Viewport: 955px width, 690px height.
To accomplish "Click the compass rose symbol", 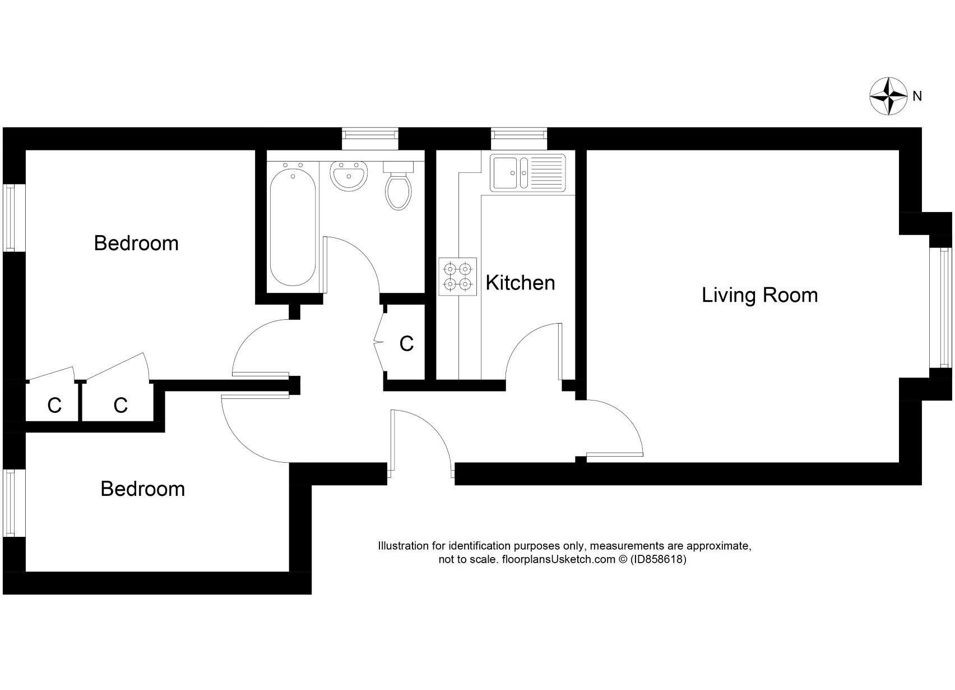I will pos(888,96).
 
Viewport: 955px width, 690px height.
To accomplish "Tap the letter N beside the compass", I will pos(917,96).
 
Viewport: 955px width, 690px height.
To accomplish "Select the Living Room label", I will pos(759,295).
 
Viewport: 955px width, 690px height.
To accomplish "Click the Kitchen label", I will pos(520,283).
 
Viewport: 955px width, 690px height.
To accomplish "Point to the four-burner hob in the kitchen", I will pos(457,277).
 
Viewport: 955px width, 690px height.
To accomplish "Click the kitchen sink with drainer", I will pos(528,172).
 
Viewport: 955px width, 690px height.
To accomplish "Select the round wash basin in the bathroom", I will pos(349,176).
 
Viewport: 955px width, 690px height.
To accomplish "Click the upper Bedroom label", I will pos(136,243).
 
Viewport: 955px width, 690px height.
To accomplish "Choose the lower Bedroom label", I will pos(142,489).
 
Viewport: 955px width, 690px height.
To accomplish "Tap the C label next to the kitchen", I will pos(406,344).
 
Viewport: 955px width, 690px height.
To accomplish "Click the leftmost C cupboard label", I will pos(54,405).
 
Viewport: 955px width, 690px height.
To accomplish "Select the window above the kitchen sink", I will pos(518,135).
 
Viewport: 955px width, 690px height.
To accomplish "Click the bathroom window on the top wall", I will pos(370,135).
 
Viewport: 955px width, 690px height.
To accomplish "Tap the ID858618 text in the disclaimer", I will pos(658,559).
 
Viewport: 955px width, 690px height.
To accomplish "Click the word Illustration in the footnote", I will pos(403,546).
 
